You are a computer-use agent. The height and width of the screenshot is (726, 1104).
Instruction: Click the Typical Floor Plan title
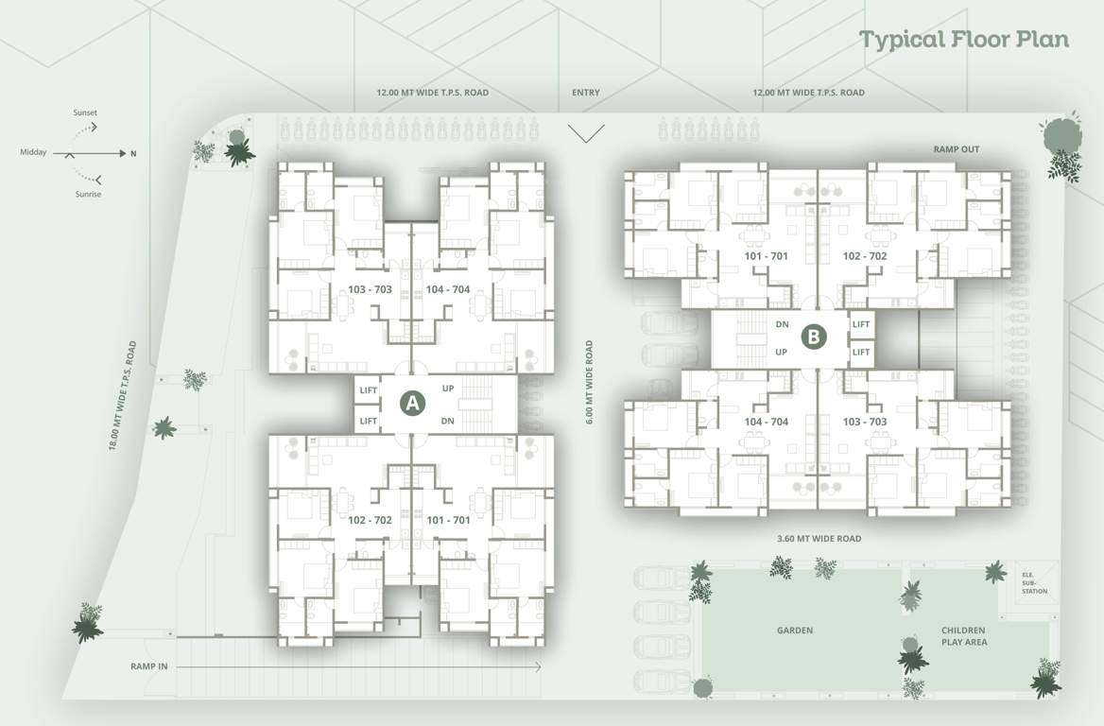[963, 40]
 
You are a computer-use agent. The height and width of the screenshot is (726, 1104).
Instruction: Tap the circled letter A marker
[410, 402]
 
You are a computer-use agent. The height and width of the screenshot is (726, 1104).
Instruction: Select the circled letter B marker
[814, 337]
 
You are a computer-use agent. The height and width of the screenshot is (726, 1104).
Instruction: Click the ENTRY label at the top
[585, 93]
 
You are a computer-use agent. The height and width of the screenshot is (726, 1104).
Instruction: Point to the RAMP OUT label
[957, 149]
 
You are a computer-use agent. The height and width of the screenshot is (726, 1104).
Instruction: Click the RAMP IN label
[149, 666]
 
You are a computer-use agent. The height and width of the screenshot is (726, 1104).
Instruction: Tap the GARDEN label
[794, 631]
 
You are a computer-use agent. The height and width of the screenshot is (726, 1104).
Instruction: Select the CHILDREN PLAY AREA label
[963, 636]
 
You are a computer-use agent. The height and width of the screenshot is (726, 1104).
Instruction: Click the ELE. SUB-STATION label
[1033, 582]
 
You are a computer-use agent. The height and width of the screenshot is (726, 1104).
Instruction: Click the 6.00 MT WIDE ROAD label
[589, 382]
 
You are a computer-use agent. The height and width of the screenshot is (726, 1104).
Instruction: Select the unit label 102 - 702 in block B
[864, 256]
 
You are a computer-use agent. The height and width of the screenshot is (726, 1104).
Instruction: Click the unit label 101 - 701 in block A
[448, 520]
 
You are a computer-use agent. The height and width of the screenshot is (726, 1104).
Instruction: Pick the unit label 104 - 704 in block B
[767, 422]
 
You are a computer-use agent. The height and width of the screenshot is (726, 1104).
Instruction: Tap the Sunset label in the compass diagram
[85, 112]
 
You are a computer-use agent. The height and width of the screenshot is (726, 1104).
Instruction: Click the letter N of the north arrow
[133, 153]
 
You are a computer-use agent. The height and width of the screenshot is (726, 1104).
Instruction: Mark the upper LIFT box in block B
[860, 323]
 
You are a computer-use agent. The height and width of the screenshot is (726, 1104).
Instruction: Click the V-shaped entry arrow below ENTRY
[586, 132]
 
